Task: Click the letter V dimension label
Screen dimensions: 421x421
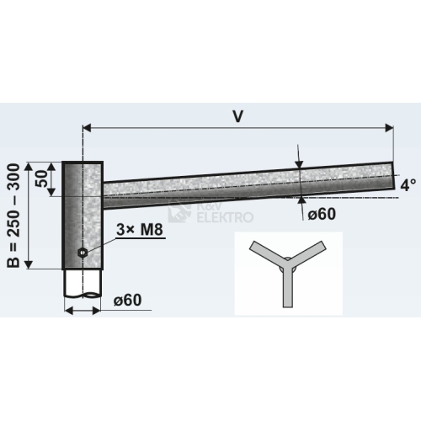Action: click(237, 116)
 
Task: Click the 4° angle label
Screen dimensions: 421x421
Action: click(408, 185)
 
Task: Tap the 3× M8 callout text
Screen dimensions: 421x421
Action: click(140, 230)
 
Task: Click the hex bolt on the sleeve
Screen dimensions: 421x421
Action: click(83, 253)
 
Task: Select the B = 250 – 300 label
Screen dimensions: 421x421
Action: click(13, 216)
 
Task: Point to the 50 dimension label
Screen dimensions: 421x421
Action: click(41, 179)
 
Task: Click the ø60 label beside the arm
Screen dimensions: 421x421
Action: click(322, 215)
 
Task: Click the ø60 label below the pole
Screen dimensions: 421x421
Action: click(127, 301)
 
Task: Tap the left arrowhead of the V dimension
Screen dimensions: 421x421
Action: click(87, 128)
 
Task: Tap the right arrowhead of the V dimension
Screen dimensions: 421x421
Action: click(389, 128)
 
